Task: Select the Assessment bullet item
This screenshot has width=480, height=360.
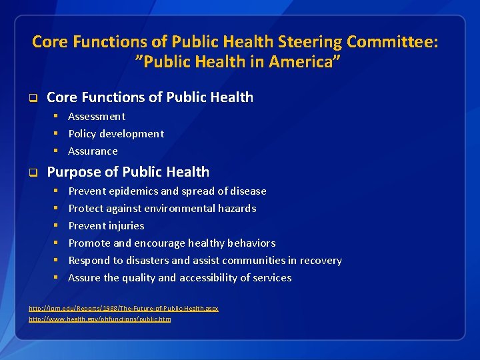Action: pos(97,116)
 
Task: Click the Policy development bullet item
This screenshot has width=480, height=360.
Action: pos(116,133)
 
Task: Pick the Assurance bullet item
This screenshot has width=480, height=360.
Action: pos(93,151)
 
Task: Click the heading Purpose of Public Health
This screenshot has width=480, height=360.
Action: pos(128,172)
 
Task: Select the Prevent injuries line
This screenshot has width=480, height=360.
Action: pos(106,226)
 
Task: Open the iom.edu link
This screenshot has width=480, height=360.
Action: pos(123,309)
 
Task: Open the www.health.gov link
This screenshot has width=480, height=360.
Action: pos(100,319)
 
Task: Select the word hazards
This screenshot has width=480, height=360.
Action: pos(237,209)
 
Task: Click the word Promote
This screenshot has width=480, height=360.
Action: pos(88,243)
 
